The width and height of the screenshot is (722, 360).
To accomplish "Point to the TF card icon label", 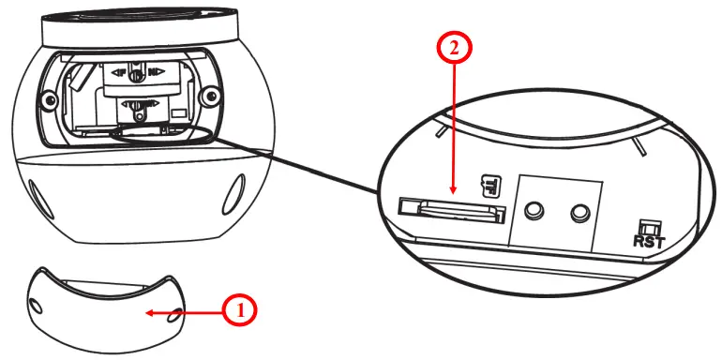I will tap(487, 184).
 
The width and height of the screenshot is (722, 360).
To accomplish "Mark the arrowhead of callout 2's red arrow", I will tap(453, 194).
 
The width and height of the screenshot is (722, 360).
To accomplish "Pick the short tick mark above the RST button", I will tap(639, 146).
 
